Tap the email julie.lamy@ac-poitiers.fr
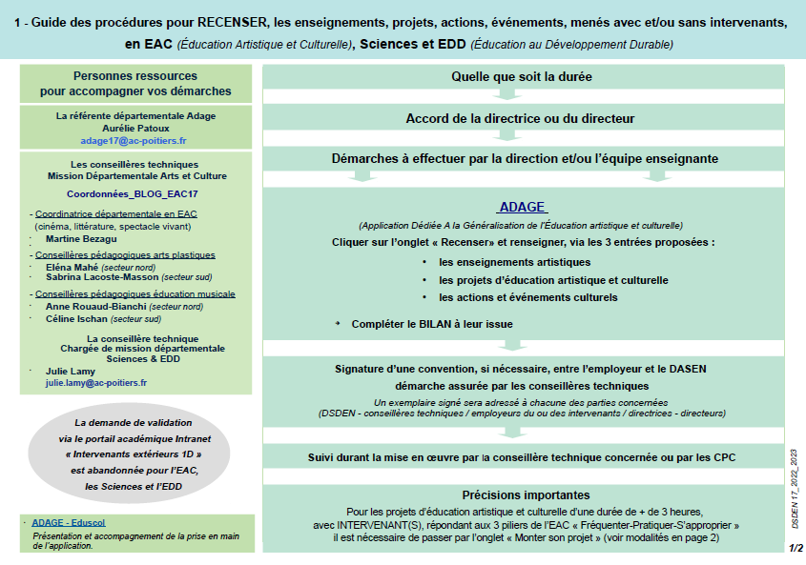[x=96, y=383]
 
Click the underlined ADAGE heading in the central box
[x=522, y=208]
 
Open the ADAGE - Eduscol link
[x=69, y=523]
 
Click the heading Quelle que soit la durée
[x=521, y=76]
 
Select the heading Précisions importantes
[x=526, y=495]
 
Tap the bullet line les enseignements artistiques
[x=515, y=262]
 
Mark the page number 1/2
[x=796, y=548]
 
